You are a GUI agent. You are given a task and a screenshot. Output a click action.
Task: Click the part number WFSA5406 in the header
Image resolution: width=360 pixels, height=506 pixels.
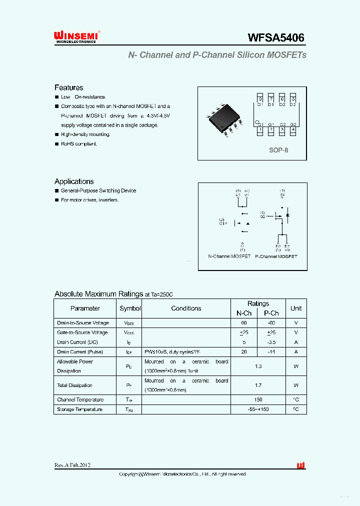pyautogui.click(x=276, y=37)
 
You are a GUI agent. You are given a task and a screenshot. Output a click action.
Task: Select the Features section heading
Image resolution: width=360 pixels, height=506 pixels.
pyautogui.click(x=68, y=87)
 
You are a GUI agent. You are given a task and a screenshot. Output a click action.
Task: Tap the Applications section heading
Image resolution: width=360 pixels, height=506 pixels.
pyautogui.click(x=74, y=181)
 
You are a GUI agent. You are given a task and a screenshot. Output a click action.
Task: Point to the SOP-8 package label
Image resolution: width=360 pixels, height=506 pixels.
pyautogui.click(x=278, y=150)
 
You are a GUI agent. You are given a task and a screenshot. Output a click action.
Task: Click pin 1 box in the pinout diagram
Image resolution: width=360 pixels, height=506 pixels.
pyautogui.click(x=260, y=130)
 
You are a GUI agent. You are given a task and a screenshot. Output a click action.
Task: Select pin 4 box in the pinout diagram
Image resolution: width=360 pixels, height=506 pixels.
pyautogui.click(x=293, y=130)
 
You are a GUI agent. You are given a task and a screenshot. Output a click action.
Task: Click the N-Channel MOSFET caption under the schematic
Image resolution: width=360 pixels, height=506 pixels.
pyautogui.click(x=229, y=256)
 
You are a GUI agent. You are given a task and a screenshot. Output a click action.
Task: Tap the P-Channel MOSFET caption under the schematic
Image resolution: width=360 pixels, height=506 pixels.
pyautogui.click(x=276, y=256)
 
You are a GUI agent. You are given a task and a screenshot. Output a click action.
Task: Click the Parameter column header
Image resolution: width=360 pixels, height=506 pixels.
pyautogui.click(x=85, y=308)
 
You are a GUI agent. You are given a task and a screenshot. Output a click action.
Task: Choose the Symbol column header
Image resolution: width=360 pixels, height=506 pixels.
pyautogui.click(x=130, y=308)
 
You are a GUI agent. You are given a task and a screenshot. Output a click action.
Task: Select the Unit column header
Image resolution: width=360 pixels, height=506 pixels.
pyautogui.click(x=296, y=308)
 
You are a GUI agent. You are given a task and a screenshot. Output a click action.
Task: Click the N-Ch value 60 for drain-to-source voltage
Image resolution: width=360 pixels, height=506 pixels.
pyautogui.click(x=244, y=323)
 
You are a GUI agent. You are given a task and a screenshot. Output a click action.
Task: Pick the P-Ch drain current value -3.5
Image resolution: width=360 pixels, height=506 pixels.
pyautogui.click(x=271, y=342)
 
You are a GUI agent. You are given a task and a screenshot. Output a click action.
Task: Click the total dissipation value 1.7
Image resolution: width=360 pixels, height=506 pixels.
pyautogui.click(x=258, y=385)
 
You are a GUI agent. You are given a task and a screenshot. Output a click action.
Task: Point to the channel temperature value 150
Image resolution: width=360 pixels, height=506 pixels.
pyautogui.click(x=258, y=400)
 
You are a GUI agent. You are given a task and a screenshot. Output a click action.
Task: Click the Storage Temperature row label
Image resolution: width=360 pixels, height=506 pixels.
pyautogui.click(x=80, y=409)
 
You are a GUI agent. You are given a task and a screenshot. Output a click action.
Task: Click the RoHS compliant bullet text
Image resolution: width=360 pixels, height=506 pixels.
pyautogui.click(x=79, y=144)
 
